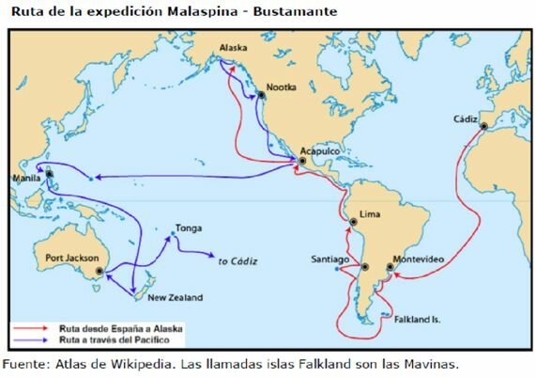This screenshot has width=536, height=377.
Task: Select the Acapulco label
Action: pyautogui.click(x=320, y=149)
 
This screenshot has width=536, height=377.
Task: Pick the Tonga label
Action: pyautogui.click(x=188, y=228)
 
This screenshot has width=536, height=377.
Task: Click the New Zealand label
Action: pyautogui.click(x=176, y=298)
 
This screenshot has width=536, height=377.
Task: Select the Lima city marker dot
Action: pyautogui.click(x=353, y=224)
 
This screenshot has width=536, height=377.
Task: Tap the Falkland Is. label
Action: pyautogui.click(x=418, y=320)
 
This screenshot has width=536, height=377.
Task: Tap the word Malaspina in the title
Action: pyautogui.click(x=188, y=11)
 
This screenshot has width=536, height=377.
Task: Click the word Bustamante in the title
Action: pyautogui.click(x=287, y=11)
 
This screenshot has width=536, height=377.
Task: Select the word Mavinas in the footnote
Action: pyautogui.click(x=428, y=363)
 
